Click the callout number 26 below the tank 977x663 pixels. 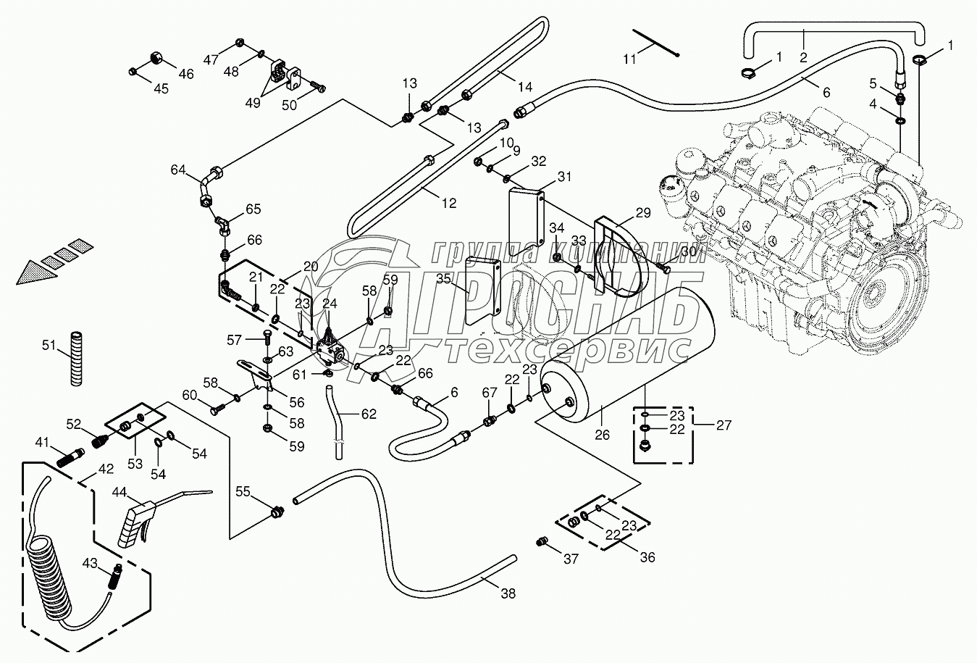point(603,435)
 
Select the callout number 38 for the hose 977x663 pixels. point(508,593)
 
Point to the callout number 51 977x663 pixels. point(49,345)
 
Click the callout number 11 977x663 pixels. point(630,59)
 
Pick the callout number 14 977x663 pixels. point(526,87)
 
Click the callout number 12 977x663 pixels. point(449,203)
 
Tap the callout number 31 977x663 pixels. point(564,177)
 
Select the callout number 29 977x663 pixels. point(643,212)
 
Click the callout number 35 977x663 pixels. point(443,279)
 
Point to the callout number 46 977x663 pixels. point(186,74)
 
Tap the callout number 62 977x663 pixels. point(369,413)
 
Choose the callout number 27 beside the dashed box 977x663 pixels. point(724,425)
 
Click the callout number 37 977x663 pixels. point(571,559)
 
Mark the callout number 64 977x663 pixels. point(178,170)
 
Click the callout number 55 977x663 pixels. point(243,492)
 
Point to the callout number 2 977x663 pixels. point(803,57)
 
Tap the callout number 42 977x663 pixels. point(106,469)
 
